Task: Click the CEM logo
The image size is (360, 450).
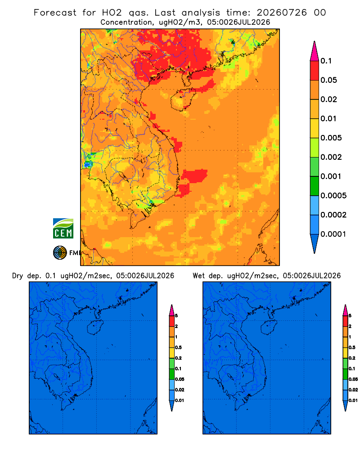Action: click(x=63, y=229)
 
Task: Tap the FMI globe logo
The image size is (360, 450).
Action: click(x=60, y=252)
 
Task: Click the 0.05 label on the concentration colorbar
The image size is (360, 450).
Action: click(x=328, y=80)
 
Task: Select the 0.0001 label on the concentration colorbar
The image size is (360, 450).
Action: click(x=333, y=234)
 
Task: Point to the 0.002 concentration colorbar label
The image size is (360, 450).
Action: click(x=331, y=157)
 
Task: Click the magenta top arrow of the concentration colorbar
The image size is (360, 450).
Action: click(x=315, y=51)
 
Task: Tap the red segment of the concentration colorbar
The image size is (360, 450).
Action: click(x=315, y=71)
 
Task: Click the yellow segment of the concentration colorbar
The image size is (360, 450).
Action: click(x=315, y=128)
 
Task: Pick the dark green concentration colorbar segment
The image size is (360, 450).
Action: click(x=315, y=186)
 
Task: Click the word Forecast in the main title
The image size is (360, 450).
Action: click(x=55, y=13)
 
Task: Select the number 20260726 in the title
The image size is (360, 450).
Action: click(x=282, y=13)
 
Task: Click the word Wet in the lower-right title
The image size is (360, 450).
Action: click(x=198, y=276)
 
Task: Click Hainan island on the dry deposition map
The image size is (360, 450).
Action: click(x=95, y=328)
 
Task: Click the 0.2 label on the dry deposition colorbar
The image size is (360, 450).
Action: click(x=178, y=358)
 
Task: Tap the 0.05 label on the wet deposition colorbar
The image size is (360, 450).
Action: click(x=353, y=379)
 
